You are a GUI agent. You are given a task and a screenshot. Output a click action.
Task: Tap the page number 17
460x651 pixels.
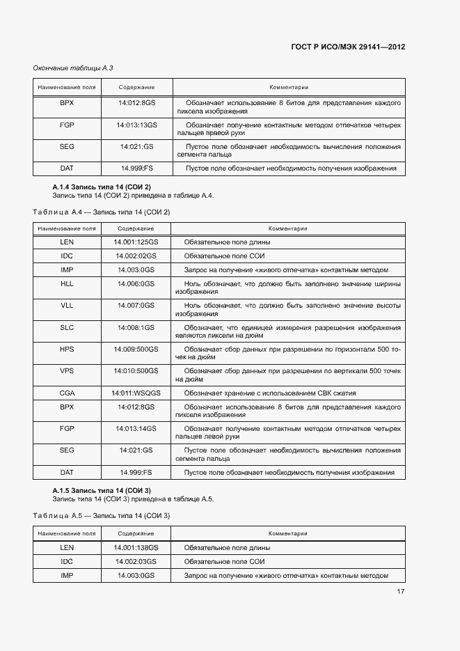(401, 592)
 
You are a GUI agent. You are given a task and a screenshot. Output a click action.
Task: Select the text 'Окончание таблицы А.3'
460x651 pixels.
(73, 68)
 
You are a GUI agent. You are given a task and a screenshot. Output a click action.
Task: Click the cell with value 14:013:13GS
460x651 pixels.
(136, 125)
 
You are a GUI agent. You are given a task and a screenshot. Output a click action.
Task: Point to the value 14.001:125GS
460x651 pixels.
(136, 242)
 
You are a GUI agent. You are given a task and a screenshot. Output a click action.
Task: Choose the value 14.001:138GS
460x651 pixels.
(136, 548)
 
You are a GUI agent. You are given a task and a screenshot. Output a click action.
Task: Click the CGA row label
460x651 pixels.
(67, 393)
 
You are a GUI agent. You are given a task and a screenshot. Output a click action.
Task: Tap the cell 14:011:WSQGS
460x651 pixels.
(136, 393)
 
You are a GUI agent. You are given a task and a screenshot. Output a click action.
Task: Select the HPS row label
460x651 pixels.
(67, 348)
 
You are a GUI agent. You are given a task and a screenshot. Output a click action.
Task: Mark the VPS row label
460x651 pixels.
(67, 370)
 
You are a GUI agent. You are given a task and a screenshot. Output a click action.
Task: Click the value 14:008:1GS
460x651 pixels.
(136, 327)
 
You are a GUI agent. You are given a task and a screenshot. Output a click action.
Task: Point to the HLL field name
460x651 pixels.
(67, 283)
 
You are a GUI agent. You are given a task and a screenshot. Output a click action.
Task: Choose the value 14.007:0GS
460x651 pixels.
(136, 305)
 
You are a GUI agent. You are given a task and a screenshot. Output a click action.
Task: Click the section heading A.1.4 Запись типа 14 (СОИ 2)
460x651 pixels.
(102, 187)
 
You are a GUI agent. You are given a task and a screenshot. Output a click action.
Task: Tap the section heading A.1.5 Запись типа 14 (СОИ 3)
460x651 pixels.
(102, 491)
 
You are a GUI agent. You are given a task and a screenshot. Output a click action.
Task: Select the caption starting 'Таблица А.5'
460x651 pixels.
(102, 515)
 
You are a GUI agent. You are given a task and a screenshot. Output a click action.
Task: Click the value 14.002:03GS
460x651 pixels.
(136, 562)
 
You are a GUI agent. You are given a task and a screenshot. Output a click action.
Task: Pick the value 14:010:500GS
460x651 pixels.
(136, 370)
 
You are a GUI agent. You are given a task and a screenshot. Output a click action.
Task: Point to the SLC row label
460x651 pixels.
(67, 327)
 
